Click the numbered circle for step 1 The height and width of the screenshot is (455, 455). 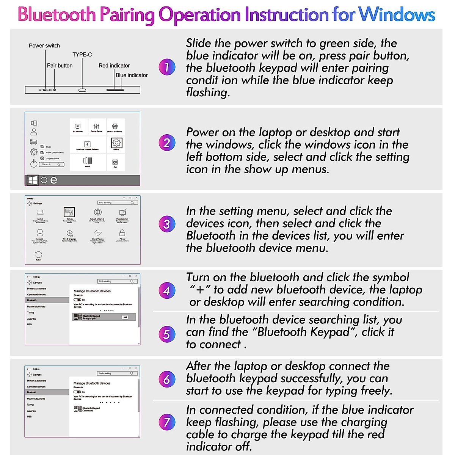(167, 67)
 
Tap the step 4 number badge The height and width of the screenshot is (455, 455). (167, 291)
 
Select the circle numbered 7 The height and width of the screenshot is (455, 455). (167, 422)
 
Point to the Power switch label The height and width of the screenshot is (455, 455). (44, 45)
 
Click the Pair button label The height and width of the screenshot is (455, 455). (60, 65)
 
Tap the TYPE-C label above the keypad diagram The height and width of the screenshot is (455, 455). (82, 54)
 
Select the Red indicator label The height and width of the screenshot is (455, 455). (114, 66)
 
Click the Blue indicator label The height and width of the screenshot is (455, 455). (132, 75)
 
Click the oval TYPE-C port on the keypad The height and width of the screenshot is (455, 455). (82, 90)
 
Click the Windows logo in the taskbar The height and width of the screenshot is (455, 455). (33, 180)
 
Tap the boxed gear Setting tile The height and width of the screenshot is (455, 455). (116, 143)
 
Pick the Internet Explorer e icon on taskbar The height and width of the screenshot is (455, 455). (54, 180)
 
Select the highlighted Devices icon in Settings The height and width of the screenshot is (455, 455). (69, 212)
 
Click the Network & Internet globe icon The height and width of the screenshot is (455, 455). (98, 212)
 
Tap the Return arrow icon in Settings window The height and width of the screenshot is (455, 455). (38, 255)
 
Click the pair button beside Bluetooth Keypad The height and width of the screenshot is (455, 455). (126, 317)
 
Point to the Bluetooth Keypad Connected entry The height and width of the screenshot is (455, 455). (87, 409)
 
